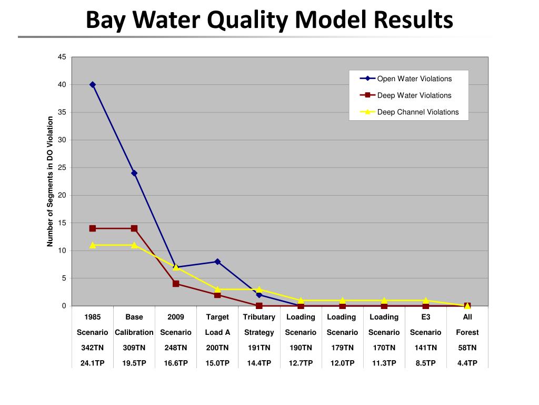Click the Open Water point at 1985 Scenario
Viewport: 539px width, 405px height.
click(x=93, y=84)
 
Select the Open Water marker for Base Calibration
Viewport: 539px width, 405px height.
click(x=134, y=173)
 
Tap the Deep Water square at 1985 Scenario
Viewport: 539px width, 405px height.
click(x=93, y=228)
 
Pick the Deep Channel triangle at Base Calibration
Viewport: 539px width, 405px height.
click(x=134, y=245)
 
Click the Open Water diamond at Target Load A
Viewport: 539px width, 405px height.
click(x=217, y=262)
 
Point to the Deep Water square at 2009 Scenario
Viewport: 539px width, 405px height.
click(x=176, y=284)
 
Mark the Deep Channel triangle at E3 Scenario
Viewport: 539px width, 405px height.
click(x=426, y=300)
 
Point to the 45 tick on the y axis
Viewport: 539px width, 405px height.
click(x=62, y=57)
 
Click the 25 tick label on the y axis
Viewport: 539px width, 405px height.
click(x=62, y=168)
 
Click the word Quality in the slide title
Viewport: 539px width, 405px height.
click(x=248, y=20)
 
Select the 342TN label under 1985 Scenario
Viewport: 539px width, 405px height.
click(x=93, y=348)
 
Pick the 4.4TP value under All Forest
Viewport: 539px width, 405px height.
click(x=467, y=363)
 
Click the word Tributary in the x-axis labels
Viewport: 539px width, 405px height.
click(x=259, y=317)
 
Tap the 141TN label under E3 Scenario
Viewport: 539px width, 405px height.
click(x=426, y=348)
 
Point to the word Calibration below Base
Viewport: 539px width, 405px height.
click(x=134, y=332)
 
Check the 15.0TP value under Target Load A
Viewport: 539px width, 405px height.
click(x=217, y=363)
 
